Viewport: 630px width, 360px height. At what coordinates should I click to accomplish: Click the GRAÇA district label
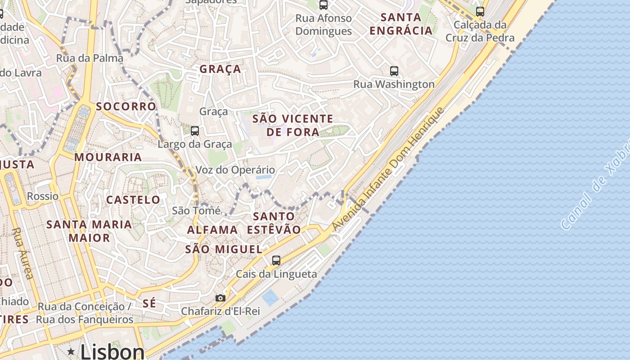[x=220, y=69]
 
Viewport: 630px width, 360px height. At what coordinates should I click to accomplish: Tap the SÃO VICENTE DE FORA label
[x=292, y=125]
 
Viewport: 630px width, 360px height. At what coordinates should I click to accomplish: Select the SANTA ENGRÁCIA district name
[x=400, y=24]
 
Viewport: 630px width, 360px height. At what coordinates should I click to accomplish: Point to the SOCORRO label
[x=126, y=107]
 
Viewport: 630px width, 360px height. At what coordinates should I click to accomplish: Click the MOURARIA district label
[x=108, y=157]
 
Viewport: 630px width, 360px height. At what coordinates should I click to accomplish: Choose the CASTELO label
[x=133, y=200]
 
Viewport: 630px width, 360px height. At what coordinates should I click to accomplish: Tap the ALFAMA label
[x=212, y=230]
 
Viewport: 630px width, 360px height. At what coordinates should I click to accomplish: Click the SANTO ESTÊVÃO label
[x=274, y=223]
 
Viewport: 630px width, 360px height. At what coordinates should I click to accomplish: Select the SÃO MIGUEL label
[x=224, y=249]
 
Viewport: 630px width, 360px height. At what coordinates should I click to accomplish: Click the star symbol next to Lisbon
[x=71, y=351]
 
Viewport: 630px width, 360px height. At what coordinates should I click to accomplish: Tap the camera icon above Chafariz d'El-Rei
[x=220, y=298]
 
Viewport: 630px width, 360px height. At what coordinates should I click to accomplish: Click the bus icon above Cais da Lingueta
[x=276, y=260]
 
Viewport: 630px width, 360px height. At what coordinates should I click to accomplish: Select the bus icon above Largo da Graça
[x=194, y=131]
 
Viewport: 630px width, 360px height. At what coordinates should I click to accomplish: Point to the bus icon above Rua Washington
[x=394, y=71]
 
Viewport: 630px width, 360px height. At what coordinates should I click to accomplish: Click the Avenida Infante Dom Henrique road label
[x=388, y=169]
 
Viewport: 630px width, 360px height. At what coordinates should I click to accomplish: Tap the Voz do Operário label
[x=235, y=170]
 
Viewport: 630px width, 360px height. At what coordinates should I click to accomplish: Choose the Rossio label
[x=43, y=196]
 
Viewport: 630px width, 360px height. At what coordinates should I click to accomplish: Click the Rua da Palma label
[x=90, y=58]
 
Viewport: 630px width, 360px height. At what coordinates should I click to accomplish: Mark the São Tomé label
[x=196, y=211]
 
